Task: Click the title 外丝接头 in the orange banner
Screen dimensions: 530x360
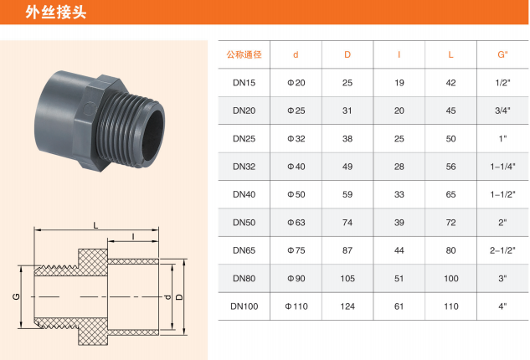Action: (x=56, y=13)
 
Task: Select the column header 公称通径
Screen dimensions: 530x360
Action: (x=244, y=54)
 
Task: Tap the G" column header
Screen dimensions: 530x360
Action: (x=502, y=54)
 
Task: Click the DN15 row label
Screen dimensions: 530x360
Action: (x=244, y=83)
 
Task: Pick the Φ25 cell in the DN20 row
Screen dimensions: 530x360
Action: (x=296, y=111)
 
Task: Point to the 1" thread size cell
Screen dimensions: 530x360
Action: (x=502, y=139)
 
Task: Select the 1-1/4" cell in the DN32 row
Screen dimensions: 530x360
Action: (x=502, y=167)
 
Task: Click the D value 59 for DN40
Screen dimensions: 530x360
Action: (x=347, y=194)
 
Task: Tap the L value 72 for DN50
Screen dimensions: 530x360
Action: (x=451, y=223)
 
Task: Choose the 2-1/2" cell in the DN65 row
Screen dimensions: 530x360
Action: (x=502, y=250)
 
